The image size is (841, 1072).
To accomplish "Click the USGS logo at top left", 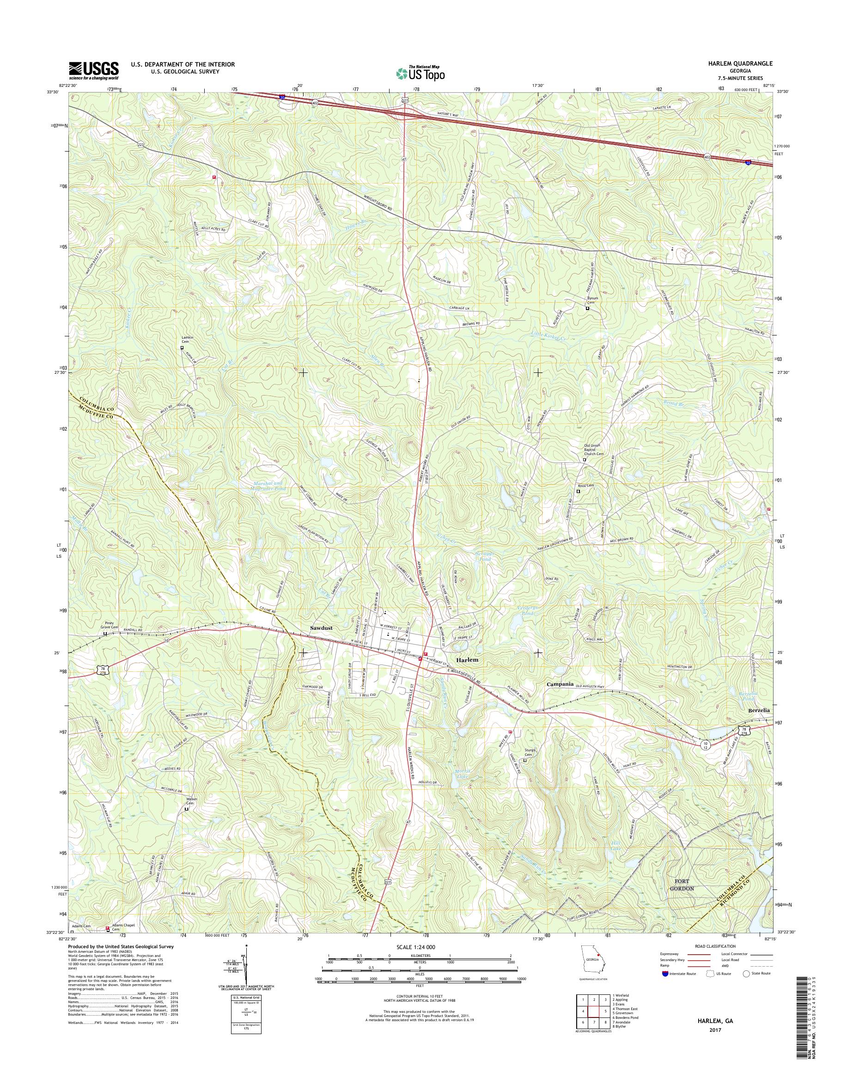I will (x=93, y=70).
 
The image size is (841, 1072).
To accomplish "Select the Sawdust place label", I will (x=321, y=628).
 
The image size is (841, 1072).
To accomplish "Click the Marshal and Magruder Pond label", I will (x=268, y=486).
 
